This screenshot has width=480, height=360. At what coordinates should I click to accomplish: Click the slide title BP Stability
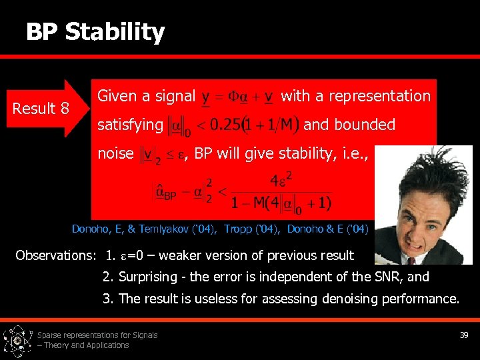pos(95,32)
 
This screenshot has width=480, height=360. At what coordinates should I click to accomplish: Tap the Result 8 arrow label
pos(41,108)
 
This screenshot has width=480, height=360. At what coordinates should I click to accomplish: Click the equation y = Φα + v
pos(237,97)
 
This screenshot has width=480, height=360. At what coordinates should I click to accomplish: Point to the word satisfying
pos(130,125)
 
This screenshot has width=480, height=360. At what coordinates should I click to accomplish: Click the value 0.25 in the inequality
pos(225,125)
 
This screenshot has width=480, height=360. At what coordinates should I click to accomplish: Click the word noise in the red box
pos(115,153)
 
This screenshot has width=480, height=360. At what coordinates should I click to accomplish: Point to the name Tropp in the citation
pos(237,229)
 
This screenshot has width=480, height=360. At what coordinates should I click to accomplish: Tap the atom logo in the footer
pos(17,341)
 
